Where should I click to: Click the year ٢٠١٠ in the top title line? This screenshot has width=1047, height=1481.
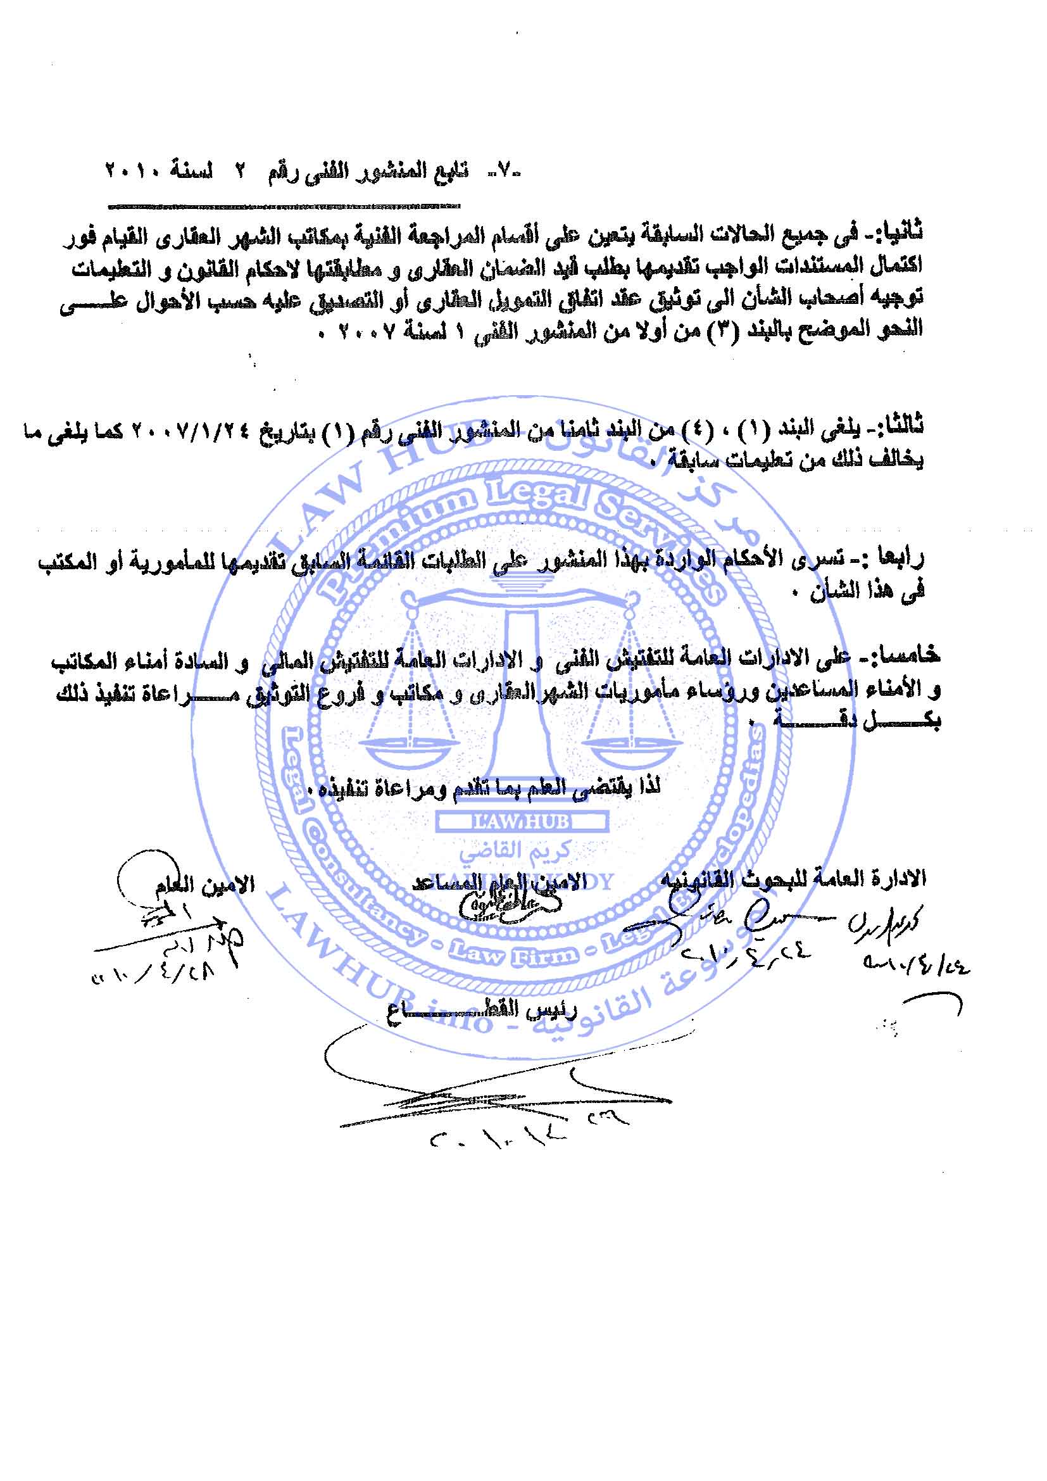(x=133, y=174)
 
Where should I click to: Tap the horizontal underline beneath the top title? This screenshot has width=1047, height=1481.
(x=284, y=208)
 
